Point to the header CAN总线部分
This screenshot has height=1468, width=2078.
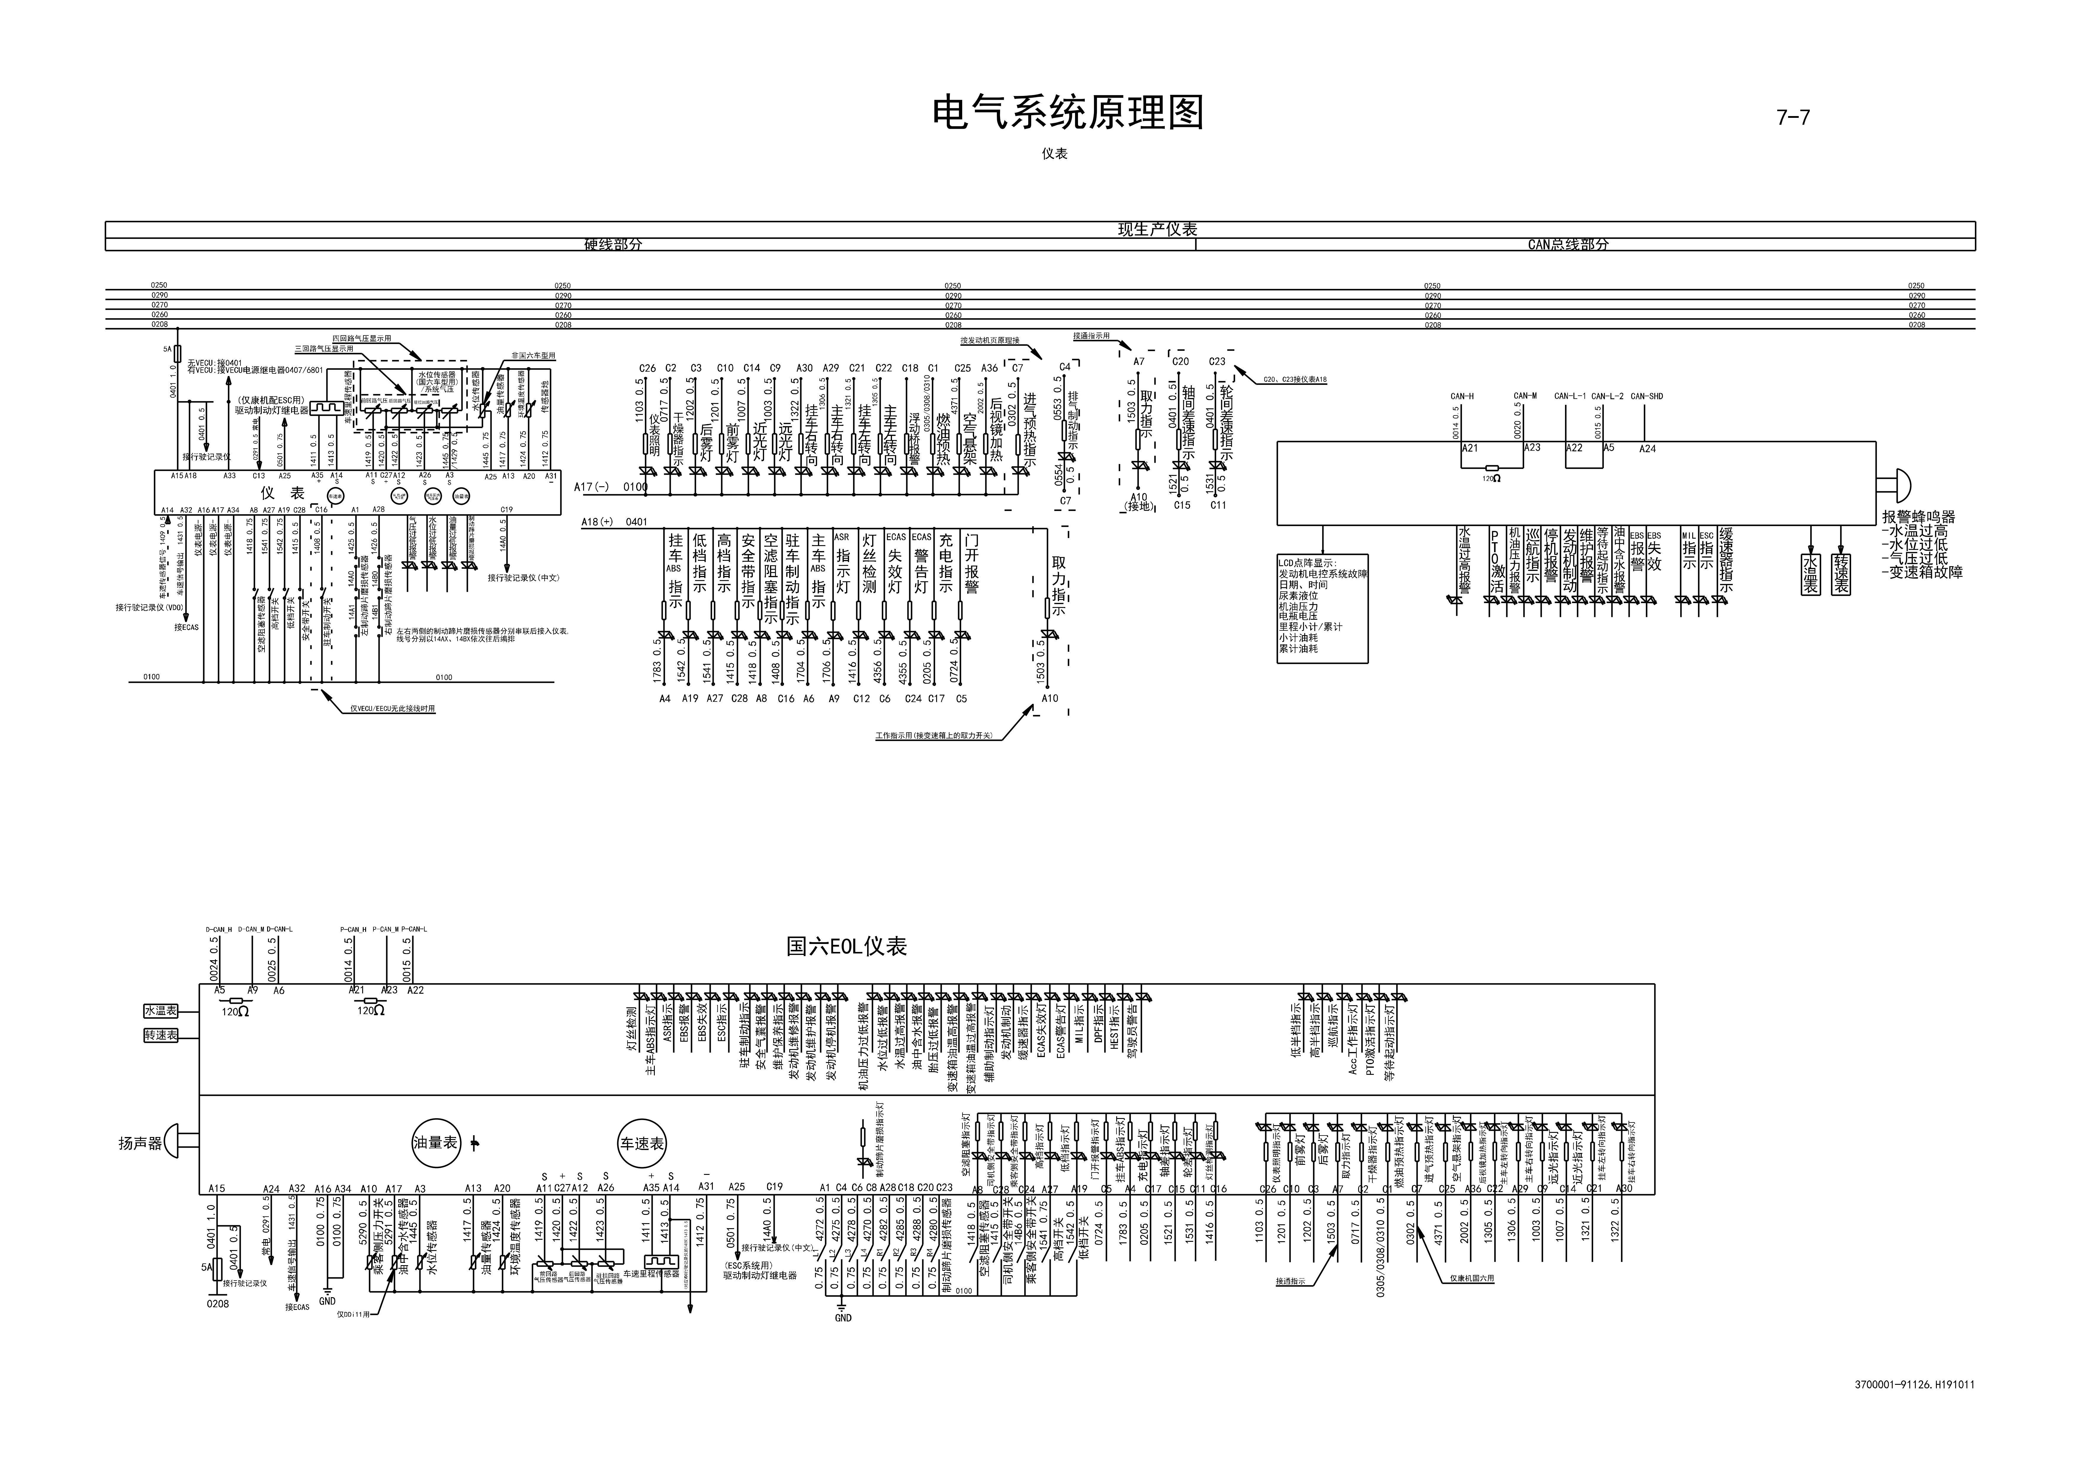(1567, 244)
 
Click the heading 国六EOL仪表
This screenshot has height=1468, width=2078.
(846, 947)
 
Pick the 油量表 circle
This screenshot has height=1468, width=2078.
(436, 1143)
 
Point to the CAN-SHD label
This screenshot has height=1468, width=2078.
(1646, 396)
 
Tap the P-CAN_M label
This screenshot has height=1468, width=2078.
(385, 929)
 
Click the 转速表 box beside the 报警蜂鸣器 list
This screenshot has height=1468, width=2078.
(1841, 574)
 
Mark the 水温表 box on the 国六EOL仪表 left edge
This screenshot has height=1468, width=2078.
(161, 1011)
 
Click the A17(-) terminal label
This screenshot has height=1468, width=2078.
(591, 487)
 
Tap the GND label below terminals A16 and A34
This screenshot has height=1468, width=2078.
(328, 1302)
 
